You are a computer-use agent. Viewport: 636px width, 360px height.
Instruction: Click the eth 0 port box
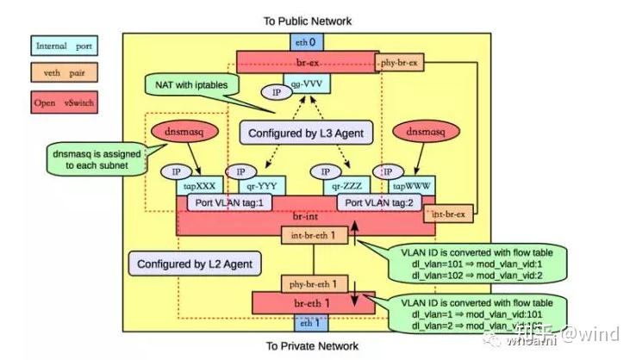click(x=306, y=41)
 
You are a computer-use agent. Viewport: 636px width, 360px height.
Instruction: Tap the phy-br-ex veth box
click(x=401, y=62)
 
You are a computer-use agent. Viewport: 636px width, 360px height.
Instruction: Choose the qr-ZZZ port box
click(x=348, y=185)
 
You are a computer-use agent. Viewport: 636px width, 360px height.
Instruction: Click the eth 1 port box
click(x=306, y=325)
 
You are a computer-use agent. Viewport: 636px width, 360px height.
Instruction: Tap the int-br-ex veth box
click(x=448, y=212)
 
